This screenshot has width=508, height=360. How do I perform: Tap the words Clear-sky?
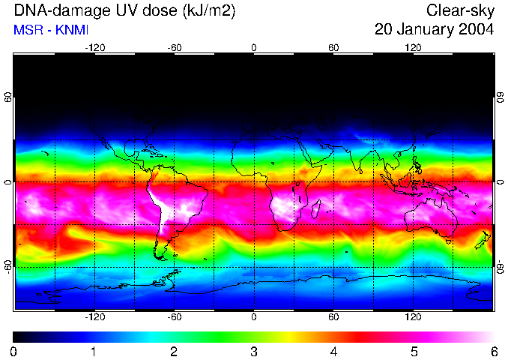pyautogui.click(x=460, y=11)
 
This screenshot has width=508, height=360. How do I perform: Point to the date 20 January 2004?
pyautogui.click(x=435, y=30)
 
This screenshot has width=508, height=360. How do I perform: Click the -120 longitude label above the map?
pyautogui.click(x=94, y=48)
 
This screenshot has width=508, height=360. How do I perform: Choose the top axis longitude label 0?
pyautogui.click(x=254, y=48)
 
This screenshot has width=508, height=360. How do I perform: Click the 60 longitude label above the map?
pyautogui.click(x=333, y=48)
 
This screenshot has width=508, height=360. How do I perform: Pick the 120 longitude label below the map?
pyautogui.click(x=414, y=317)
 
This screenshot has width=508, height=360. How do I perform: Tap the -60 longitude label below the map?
pyautogui.click(x=174, y=317)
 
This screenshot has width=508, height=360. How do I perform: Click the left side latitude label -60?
pyautogui.click(x=8, y=262)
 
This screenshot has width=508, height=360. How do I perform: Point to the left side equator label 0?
pyautogui.click(x=8, y=182)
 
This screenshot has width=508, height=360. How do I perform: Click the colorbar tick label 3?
pyautogui.click(x=254, y=352)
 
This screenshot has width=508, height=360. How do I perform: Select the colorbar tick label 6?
pyautogui.click(x=493, y=352)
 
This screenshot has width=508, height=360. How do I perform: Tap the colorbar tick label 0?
pyautogui.click(x=14, y=352)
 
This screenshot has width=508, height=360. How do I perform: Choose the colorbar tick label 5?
pyautogui.click(x=414, y=352)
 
